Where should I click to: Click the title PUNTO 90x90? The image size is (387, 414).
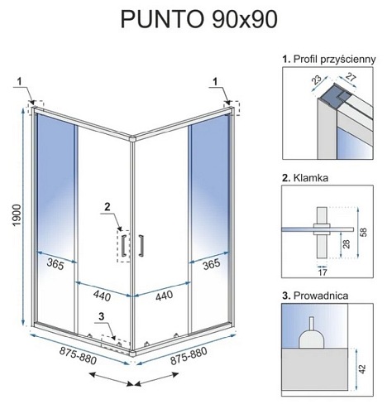[198, 19]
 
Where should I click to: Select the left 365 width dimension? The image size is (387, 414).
[55, 264]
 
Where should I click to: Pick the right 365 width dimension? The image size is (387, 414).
[211, 264]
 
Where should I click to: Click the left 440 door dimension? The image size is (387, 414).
[102, 296]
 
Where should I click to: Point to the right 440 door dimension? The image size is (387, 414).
[165, 296]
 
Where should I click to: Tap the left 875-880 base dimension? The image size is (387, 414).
[78, 355]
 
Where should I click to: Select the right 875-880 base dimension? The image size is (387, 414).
[189, 356]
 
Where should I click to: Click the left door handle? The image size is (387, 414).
[123, 245]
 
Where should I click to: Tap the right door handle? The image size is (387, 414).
[141, 245]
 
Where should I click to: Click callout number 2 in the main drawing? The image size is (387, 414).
[107, 206]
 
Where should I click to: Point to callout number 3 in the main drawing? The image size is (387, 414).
[102, 316]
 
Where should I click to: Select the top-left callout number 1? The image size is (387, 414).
[20, 81]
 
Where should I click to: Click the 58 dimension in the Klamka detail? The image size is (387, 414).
[364, 232]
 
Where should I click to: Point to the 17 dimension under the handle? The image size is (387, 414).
[322, 272]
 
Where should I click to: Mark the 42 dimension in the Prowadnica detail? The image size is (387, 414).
[362, 369]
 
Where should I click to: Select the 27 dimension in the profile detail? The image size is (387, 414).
[351, 77]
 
